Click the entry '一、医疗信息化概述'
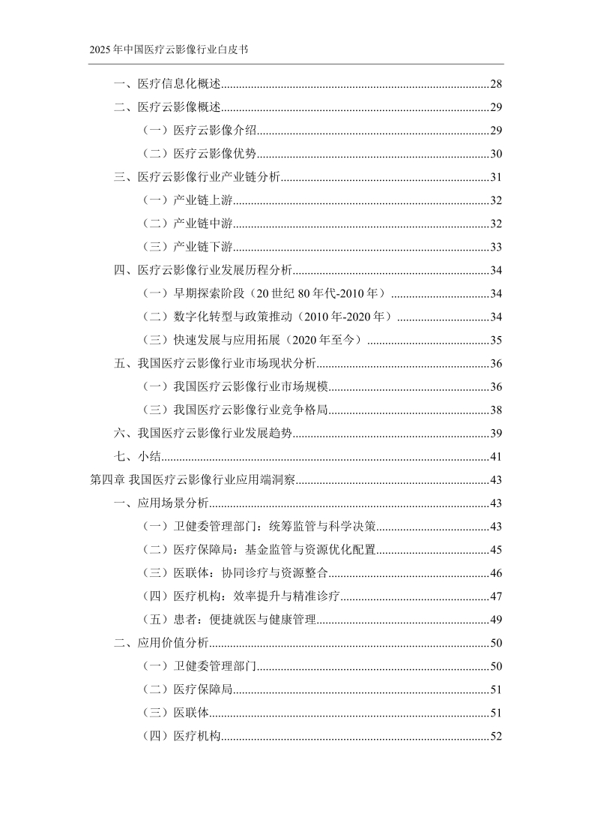click(166, 84)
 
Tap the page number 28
click(495, 84)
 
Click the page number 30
click(495, 154)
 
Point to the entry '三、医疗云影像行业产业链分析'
click(196, 177)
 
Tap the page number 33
click(495, 247)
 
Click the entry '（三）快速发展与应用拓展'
click(252, 340)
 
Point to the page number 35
click(495, 340)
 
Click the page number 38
click(495, 410)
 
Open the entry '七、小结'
click(133, 456)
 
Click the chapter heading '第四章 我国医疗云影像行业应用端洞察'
click(193, 479)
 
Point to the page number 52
click(495, 736)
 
